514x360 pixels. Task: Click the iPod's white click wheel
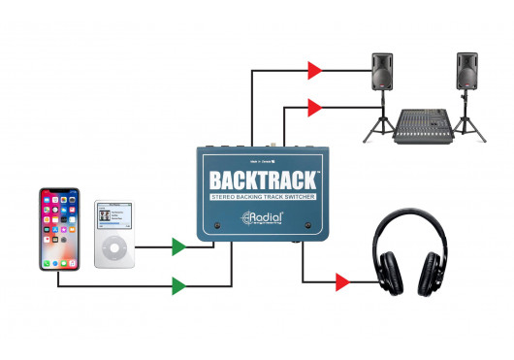[115, 249]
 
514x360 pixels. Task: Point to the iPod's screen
[115, 216]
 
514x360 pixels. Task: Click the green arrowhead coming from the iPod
[177, 247]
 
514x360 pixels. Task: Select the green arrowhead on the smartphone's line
[177, 285]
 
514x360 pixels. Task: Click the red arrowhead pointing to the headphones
[340, 282]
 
